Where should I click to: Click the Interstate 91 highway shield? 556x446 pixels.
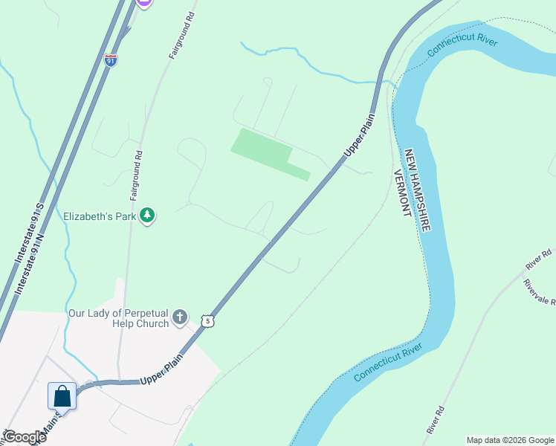[111, 60]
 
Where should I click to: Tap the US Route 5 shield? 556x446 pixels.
[209, 320]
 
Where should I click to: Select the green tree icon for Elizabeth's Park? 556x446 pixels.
[148, 216]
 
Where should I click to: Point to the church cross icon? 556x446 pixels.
[179, 318]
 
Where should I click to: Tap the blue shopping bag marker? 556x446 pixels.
[62, 395]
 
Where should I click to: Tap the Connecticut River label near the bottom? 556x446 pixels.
[388, 362]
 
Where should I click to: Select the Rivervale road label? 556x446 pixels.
[540, 294]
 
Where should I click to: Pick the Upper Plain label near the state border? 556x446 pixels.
[358, 132]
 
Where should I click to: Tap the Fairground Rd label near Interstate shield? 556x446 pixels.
[181, 36]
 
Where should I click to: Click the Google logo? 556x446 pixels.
[25, 437]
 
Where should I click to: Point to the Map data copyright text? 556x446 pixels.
[509, 440]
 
